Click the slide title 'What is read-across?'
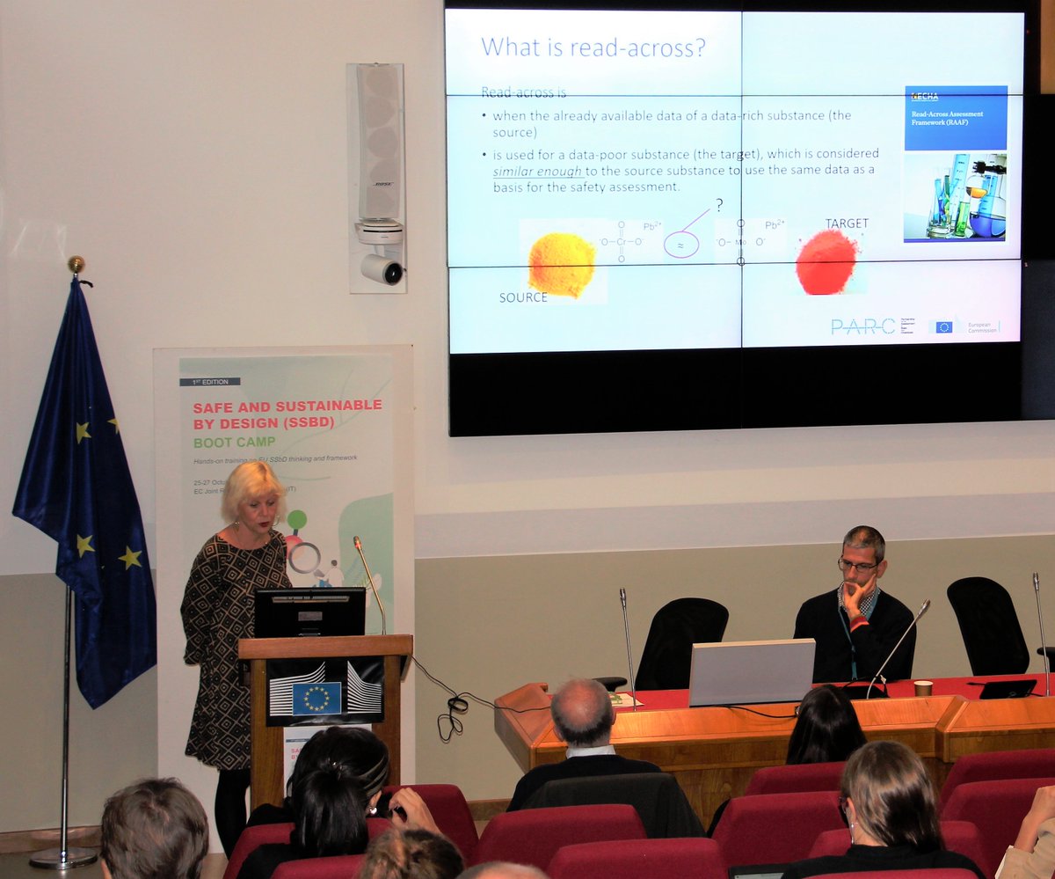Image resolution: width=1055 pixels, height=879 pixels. (x=593, y=48)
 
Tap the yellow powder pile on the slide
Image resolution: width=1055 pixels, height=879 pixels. (x=561, y=264)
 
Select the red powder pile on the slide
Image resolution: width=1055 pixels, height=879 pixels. (x=826, y=261)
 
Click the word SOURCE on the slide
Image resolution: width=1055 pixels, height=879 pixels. (x=523, y=297)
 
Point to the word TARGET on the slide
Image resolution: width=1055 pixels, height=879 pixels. (x=846, y=223)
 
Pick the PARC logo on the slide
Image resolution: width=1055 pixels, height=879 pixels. (x=862, y=326)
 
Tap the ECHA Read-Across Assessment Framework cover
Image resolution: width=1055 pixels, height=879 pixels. (x=955, y=163)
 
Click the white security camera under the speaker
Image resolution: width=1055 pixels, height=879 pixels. (x=382, y=267)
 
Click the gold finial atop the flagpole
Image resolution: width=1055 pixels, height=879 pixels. (x=76, y=264)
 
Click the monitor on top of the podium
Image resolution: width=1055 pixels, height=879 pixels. (x=309, y=612)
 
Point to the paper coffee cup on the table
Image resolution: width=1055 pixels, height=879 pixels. (x=922, y=687)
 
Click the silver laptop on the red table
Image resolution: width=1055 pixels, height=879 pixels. (x=751, y=672)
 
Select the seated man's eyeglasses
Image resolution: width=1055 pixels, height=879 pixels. (x=857, y=566)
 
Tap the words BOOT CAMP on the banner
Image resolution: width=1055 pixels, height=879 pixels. (x=234, y=442)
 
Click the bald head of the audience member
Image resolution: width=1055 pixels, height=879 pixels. (x=581, y=708)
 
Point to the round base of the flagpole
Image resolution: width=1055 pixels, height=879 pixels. (x=63, y=856)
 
